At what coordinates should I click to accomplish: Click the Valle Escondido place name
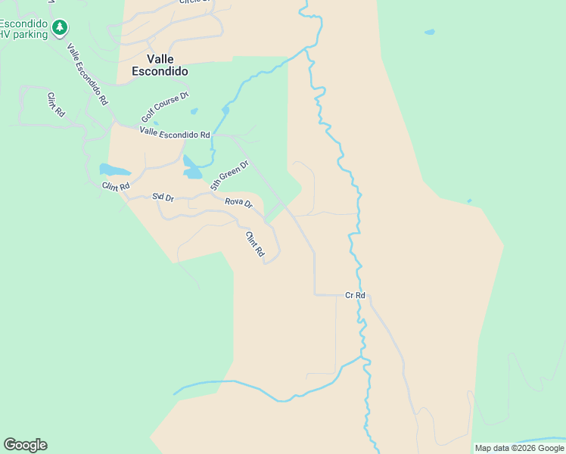[x=159, y=65]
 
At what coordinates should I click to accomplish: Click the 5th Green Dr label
[x=229, y=175]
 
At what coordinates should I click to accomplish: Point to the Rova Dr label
[x=238, y=203]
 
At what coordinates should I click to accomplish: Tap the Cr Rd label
[x=355, y=295]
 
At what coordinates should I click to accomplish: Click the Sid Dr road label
[x=163, y=197]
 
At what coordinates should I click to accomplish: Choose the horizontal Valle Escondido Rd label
[x=175, y=133]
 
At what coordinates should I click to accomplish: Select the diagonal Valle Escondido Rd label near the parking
[x=87, y=73]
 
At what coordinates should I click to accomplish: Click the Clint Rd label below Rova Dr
[x=254, y=243]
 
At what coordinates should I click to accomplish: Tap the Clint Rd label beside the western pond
[x=117, y=185]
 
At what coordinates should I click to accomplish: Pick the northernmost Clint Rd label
[x=55, y=104]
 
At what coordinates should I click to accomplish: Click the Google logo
[x=25, y=445]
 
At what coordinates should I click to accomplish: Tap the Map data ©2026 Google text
[x=519, y=448]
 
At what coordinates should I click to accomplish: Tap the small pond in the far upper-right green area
[x=430, y=33]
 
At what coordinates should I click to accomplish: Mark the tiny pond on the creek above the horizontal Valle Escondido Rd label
[x=225, y=110]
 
